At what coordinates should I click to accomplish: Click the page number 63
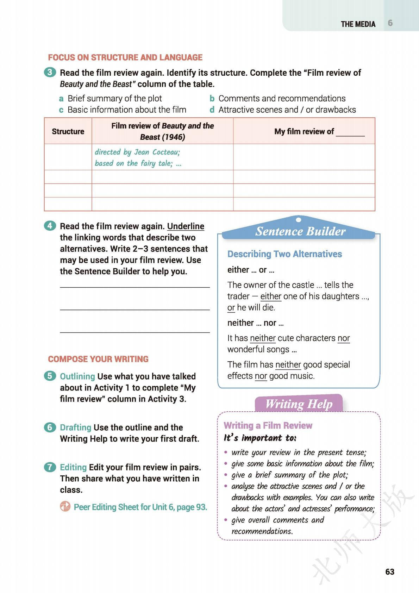tap(390, 572)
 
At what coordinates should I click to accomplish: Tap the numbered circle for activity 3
tap(50, 73)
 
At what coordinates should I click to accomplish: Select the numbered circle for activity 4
tap(50, 226)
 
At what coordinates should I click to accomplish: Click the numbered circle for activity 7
tap(50, 467)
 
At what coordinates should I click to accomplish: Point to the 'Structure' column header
tap(68, 131)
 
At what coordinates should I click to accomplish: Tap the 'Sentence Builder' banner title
tap(300, 231)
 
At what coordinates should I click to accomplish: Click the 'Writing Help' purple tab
tap(299, 404)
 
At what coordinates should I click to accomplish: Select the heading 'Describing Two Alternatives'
tap(284, 254)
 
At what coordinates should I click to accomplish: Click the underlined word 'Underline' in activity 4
tap(186, 226)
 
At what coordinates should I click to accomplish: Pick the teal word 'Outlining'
tap(77, 376)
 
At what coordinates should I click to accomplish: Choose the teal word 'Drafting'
tap(76, 427)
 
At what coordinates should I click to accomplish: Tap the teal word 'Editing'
tap(73, 467)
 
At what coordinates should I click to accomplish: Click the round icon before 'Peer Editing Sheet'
tap(65, 507)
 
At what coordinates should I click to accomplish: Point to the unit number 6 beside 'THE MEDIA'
tap(390, 23)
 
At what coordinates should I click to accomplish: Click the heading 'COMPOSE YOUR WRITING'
tap(98, 359)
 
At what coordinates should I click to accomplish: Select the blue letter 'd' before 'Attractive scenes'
tap(212, 110)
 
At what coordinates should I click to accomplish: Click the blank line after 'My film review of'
tap(350, 133)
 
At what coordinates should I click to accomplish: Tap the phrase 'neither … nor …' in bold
tap(255, 323)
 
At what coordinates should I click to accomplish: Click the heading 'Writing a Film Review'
tap(268, 425)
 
